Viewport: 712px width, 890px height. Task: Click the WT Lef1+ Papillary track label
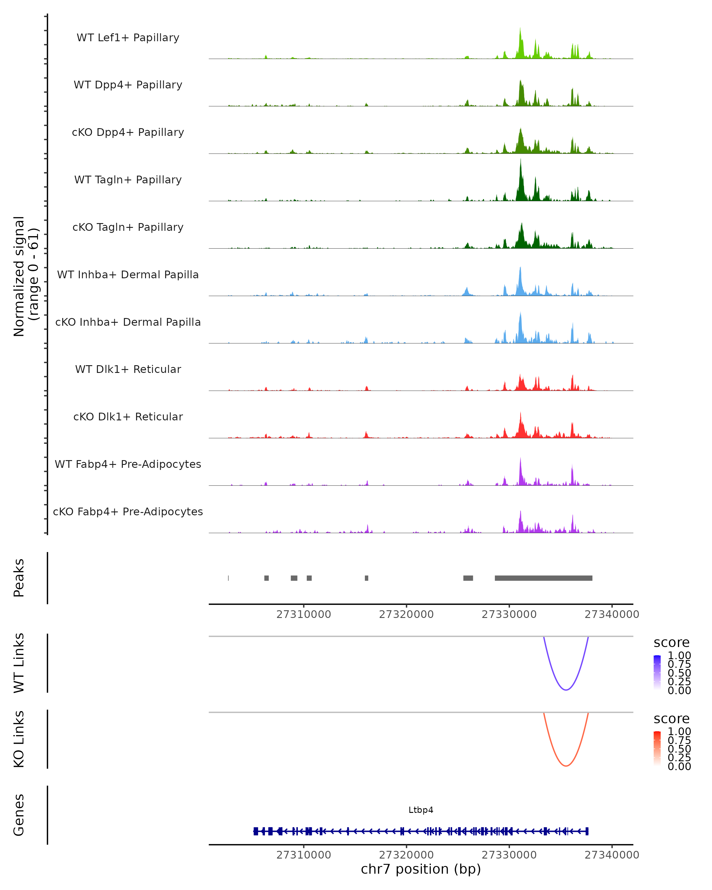pyautogui.click(x=128, y=38)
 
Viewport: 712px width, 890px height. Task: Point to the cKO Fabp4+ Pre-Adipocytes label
pyautogui.click(x=128, y=511)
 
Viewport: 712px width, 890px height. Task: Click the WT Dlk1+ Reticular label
pyautogui.click(x=128, y=369)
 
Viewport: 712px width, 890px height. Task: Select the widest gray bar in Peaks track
pyautogui.click(x=543, y=578)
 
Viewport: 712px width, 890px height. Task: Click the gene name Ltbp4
pyautogui.click(x=421, y=810)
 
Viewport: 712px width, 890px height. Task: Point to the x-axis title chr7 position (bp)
pyautogui.click(x=421, y=869)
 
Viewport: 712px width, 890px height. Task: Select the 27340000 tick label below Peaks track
pyautogui.click(x=612, y=614)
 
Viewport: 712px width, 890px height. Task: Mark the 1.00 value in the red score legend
pyautogui.click(x=679, y=731)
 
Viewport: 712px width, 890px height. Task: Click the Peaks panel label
pyautogui.click(x=19, y=578)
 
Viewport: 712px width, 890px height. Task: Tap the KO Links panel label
pyautogui.click(x=19, y=739)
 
